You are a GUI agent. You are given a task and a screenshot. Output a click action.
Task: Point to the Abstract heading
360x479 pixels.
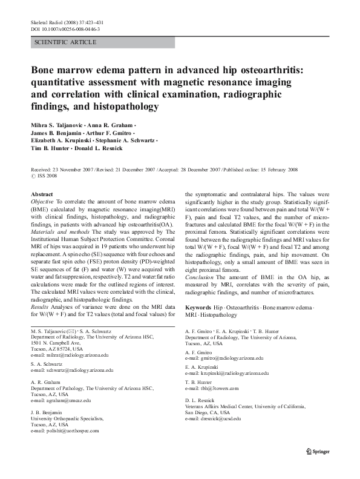[x=42, y=194]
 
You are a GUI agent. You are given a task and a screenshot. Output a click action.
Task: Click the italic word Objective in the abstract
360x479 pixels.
[x=42, y=201]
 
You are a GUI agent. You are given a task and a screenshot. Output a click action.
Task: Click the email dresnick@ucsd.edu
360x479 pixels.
[x=213, y=418]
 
